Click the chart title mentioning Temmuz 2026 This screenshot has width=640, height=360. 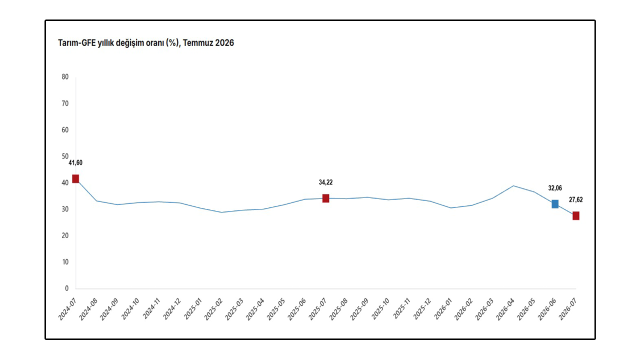coord(146,43)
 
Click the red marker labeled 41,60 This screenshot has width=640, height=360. coord(75,179)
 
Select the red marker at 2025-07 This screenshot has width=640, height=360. coord(325,198)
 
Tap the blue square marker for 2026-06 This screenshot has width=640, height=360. coord(555,204)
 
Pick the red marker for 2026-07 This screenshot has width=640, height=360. coord(576,215)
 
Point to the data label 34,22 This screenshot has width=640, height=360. coord(325,182)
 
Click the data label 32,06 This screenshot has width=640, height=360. coord(555,188)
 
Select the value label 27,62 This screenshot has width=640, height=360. coord(575,199)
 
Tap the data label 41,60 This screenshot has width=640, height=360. coord(75,163)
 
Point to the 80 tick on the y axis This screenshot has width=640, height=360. coord(65,77)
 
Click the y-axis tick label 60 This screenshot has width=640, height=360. coord(65,130)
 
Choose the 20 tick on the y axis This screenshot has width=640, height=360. coord(65,235)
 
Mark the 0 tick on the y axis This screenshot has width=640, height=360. coord(66,288)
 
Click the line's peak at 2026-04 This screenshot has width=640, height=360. coord(513,185)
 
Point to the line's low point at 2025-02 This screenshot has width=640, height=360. coord(221,212)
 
